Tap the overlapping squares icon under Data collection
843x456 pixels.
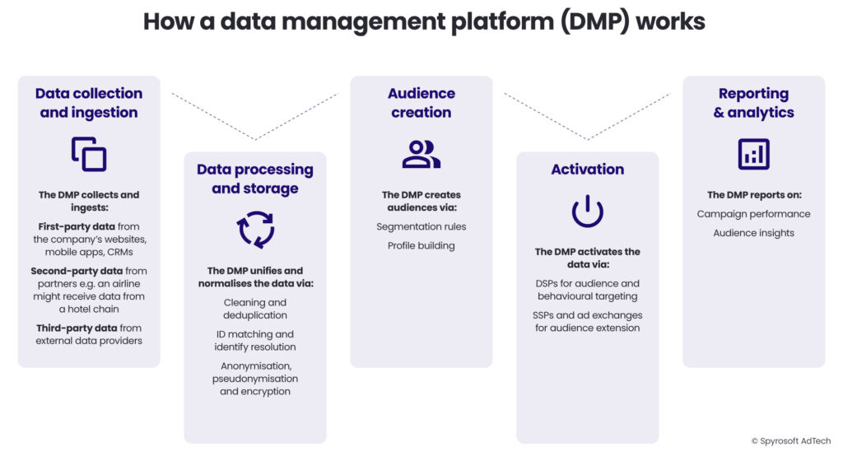89,154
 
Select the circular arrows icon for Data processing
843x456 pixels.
255,230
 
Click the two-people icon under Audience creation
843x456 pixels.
421,154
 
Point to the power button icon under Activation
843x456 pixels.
587,212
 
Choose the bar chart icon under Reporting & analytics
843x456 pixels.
753,154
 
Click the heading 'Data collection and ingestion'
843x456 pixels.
89,103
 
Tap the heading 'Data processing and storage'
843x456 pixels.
255,179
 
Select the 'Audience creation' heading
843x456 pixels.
421,103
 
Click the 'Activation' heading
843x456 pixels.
587,170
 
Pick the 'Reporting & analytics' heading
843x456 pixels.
753,103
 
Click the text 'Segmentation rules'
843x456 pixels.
421,226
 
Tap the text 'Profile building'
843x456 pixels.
421,245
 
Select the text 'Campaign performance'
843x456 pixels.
753,214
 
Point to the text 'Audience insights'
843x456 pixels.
753,233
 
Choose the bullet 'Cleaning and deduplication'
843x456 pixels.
255,309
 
